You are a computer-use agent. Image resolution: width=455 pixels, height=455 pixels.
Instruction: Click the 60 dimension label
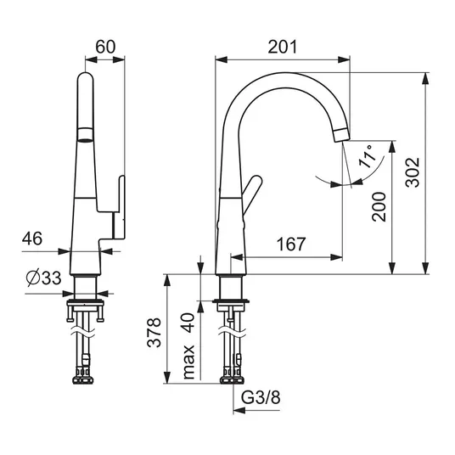tap(105, 47)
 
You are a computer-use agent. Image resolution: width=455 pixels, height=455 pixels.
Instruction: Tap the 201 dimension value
tap(283, 47)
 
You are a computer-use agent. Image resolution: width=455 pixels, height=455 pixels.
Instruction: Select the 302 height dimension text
tap(413, 172)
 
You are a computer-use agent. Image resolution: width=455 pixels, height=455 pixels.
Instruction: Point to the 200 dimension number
tap(379, 207)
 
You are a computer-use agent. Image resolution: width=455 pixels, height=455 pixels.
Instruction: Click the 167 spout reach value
tap(291, 244)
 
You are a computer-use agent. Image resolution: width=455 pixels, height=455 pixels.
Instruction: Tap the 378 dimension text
tap(154, 333)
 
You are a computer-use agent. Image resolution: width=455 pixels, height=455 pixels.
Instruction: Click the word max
tap(188, 362)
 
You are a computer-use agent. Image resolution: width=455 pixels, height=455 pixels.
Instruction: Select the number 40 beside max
tap(188, 323)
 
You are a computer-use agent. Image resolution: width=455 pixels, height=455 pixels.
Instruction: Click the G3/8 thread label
tap(261, 397)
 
